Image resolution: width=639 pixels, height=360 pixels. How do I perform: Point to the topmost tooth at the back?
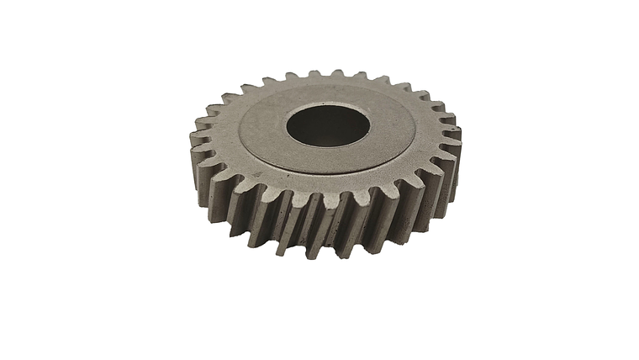click(x=336, y=75)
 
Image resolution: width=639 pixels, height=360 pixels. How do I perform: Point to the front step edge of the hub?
click(x=319, y=181)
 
